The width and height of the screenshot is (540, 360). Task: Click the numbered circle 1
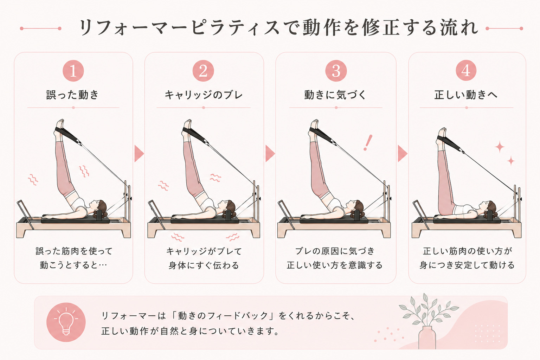(73, 71)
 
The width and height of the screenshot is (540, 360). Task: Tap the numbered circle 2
(203, 71)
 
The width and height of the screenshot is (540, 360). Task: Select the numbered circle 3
(336, 71)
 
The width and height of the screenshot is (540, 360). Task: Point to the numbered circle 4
(466, 70)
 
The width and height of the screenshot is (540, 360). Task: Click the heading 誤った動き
(72, 95)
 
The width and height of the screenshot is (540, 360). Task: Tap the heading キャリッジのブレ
(204, 95)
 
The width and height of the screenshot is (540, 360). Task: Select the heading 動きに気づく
(335, 95)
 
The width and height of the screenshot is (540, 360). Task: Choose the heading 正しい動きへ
(466, 95)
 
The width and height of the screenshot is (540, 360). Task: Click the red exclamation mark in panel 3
(368, 143)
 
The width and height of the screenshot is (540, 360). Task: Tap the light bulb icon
(66, 322)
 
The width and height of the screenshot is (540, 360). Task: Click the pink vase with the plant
(427, 337)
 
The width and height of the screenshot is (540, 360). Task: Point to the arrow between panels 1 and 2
(139, 153)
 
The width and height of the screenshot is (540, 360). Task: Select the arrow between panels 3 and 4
(402, 153)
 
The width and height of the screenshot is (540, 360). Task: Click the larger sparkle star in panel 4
(500, 147)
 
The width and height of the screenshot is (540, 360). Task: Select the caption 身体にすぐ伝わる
(204, 265)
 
